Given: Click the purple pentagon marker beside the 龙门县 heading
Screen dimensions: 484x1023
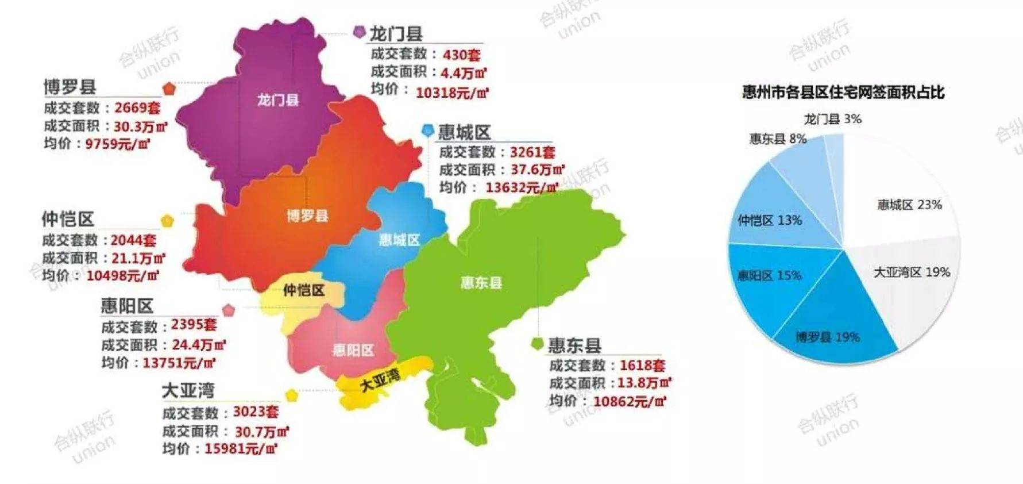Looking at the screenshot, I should coord(360,32).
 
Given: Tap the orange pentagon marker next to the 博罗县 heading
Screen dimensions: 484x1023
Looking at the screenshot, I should coord(169,89).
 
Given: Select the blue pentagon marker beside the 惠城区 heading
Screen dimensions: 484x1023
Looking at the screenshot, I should coord(428,130).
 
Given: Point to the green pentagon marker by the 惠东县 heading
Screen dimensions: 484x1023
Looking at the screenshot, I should coord(537,344).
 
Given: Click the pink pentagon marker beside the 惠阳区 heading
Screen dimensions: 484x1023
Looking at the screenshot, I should coord(229,310).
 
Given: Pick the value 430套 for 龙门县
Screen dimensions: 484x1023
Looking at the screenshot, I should coord(461,55).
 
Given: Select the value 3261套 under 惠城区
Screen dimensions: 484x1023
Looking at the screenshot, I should coord(532,152).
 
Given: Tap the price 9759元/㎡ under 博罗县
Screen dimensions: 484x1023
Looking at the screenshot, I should coord(118,144).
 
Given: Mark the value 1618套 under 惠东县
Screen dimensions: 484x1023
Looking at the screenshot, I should coord(642,366).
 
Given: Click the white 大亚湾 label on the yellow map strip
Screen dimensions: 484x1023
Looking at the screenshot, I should coord(380,381).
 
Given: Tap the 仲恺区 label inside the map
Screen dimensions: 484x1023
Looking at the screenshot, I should coord(303,290).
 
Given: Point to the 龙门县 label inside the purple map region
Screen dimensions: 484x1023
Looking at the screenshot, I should coord(278,101).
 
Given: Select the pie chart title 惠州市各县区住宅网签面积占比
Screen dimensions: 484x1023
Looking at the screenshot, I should coord(843,93).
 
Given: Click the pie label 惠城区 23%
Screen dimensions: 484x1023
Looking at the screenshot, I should coord(909,205).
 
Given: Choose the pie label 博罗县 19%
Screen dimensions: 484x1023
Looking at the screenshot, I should coord(828,337).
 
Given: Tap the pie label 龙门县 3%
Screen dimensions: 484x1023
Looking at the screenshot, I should coord(832,119).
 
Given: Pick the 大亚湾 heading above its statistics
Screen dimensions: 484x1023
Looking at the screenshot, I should coord(188,391).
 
